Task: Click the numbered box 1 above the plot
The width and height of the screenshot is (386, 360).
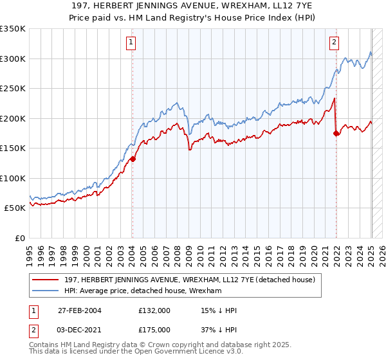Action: pos(131,43)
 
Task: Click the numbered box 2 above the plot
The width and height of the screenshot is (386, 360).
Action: pos(335,43)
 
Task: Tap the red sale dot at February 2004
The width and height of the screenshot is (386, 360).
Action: pos(133,158)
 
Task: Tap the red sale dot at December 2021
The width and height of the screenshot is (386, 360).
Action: pos(336,133)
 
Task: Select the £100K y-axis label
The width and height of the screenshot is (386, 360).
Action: pos(14,178)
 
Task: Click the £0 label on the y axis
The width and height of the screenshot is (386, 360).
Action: pos(20,238)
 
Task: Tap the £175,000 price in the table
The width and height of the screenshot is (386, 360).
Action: pos(154,329)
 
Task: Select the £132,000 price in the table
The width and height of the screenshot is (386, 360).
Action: pos(154,310)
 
